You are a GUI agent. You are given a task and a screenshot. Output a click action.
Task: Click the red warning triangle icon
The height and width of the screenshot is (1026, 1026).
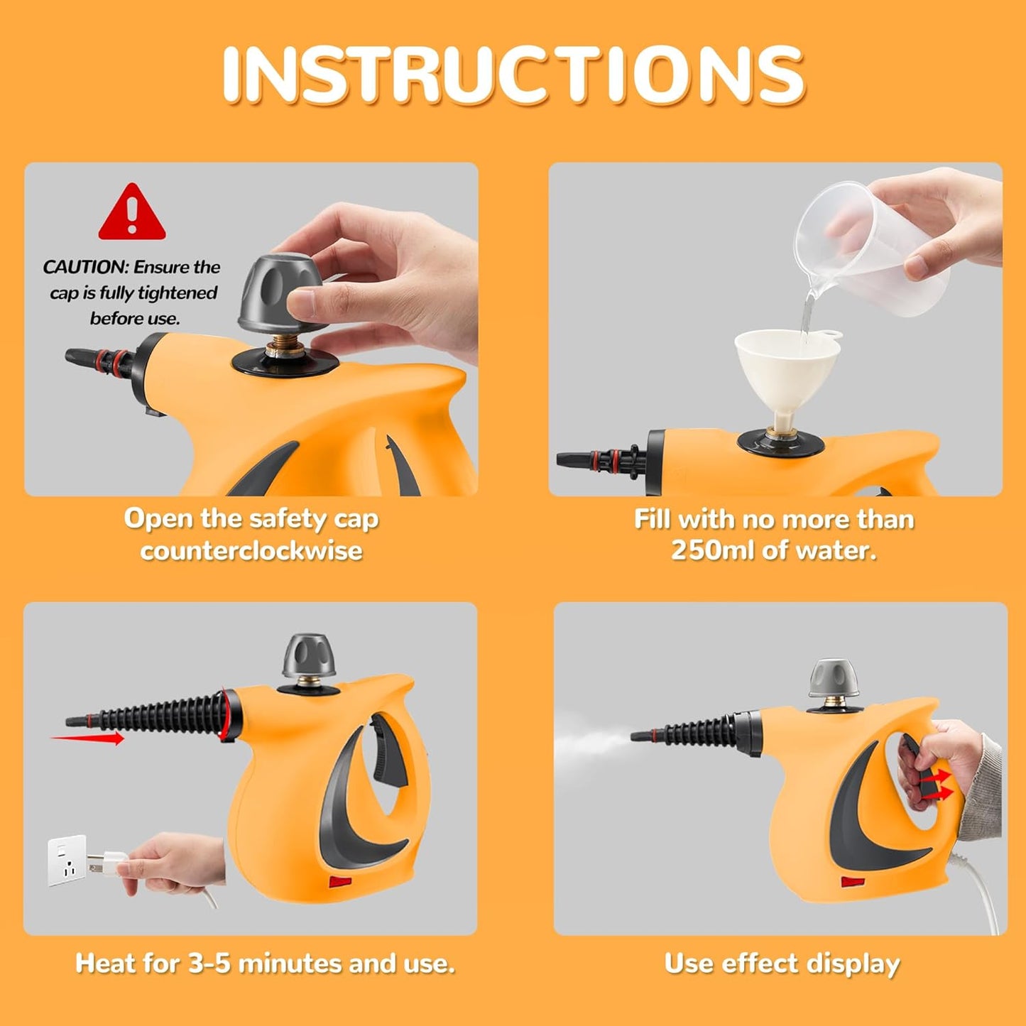coord(132,213)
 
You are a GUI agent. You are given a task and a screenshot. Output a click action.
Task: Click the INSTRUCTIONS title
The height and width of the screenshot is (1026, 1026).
coord(513,75)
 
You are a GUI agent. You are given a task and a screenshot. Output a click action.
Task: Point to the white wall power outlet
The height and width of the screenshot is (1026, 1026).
coord(67,860)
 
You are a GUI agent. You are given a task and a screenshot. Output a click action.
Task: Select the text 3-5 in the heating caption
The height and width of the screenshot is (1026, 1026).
coord(209,964)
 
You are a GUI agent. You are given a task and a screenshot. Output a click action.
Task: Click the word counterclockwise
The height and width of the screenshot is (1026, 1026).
coord(251,550)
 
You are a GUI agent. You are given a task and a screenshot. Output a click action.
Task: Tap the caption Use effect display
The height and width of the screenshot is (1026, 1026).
coord(782,964)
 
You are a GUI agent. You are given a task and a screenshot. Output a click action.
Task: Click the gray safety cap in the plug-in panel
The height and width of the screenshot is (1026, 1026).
coord(309,657)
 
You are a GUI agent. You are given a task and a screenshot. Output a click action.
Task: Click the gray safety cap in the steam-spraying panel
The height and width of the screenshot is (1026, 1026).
coord(835,679)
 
